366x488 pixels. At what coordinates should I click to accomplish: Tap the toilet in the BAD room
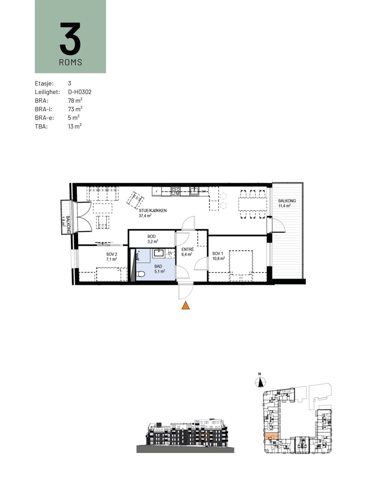click(140, 274)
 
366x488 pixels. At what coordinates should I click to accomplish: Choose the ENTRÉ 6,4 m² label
click(187, 252)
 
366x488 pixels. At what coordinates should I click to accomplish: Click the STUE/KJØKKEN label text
click(152, 210)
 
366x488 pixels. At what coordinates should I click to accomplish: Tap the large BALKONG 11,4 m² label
click(287, 203)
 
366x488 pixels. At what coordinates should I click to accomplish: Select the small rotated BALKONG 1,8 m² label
click(66, 225)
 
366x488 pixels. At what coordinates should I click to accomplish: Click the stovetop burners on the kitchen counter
click(176, 191)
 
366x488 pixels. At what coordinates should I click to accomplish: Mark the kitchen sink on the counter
click(194, 191)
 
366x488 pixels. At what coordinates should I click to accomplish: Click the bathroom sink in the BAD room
click(159, 253)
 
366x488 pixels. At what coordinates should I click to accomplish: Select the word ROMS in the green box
click(71, 62)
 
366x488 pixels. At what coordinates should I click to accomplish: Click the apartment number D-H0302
click(80, 92)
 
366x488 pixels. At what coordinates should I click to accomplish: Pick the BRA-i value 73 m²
click(75, 109)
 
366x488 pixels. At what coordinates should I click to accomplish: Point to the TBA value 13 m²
click(75, 126)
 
